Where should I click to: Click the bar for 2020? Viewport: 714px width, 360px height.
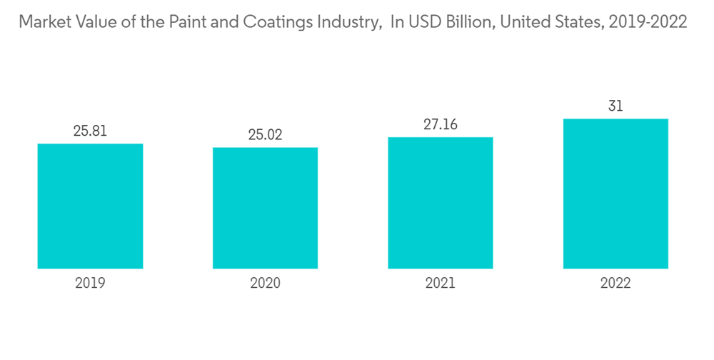pyautogui.click(x=265, y=208)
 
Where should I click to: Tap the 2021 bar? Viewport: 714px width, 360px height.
pyautogui.click(x=440, y=203)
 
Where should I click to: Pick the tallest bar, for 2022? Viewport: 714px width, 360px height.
pyautogui.click(x=615, y=194)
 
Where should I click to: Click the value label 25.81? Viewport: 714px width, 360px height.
pyautogui.click(x=90, y=131)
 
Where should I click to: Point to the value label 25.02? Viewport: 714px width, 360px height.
pyautogui.click(x=265, y=135)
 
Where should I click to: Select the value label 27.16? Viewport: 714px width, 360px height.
pyautogui.click(x=440, y=125)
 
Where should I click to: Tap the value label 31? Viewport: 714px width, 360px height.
pyautogui.click(x=615, y=106)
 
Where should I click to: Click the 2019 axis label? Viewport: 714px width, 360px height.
pyautogui.click(x=90, y=284)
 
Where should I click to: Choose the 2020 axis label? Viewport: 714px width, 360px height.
pyautogui.click(x=265, y=284)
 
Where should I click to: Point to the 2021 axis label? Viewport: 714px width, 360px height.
pyautogui.click(x=440, y=284)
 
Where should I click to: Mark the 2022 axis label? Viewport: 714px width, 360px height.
pyautogui.click(x=615, y=284)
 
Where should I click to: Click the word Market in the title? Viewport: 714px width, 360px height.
pyautogui.click(x=43, y=22)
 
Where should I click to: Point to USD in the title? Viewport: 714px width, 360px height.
pyautogui.click(x=425, y=22)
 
